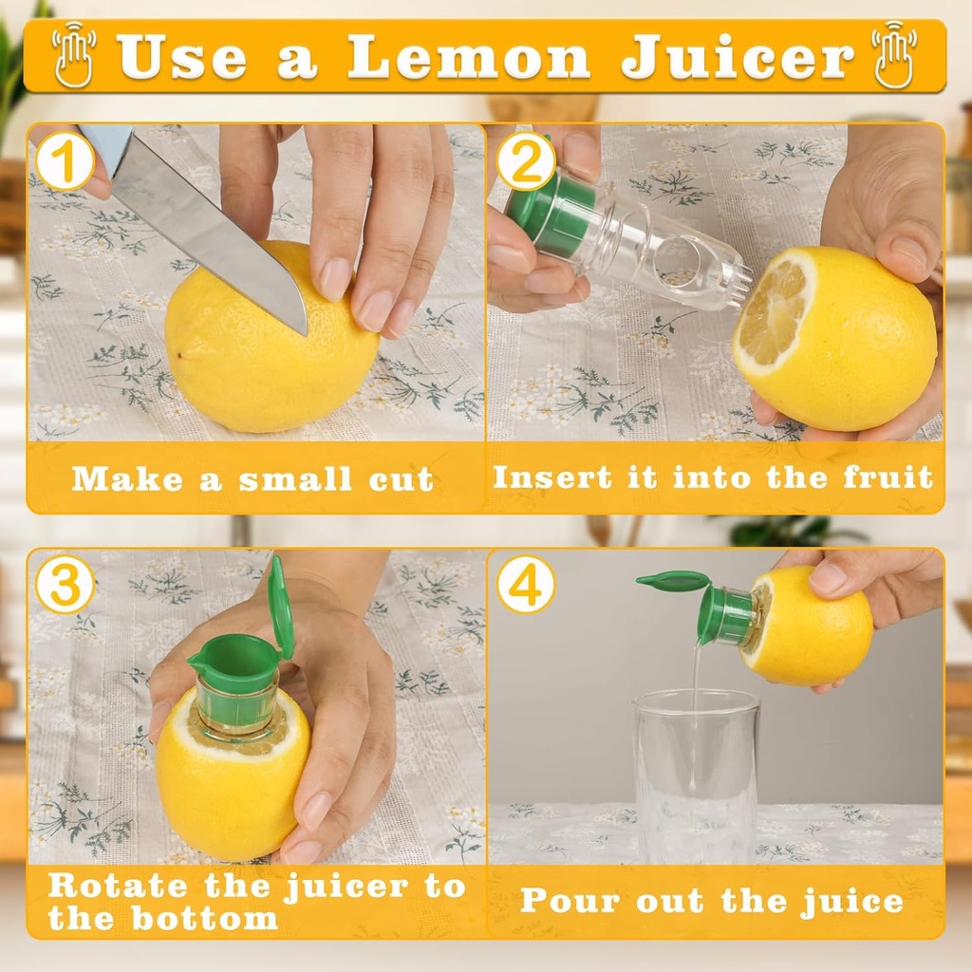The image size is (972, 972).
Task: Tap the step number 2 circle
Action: click(526, 162)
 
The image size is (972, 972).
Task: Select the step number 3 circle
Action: click(65, 586)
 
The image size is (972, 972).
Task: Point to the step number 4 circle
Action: click(526, 586)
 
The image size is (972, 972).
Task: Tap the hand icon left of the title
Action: click(74, 55)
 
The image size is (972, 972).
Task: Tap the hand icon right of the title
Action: click(894, 55)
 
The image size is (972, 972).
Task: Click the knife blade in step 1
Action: click(209, 228)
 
